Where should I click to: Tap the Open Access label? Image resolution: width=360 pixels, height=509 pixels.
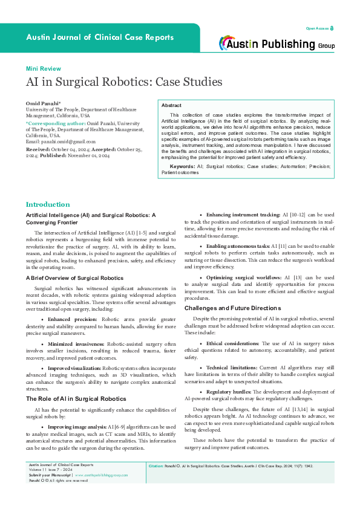click(x=317, y=28)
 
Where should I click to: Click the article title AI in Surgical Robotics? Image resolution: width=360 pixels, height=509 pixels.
click(x=114, y=82)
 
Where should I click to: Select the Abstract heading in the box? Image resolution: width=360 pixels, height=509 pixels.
click(x=171, y=105)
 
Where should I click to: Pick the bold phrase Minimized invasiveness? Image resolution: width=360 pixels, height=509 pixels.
click(x=78, y=342)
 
